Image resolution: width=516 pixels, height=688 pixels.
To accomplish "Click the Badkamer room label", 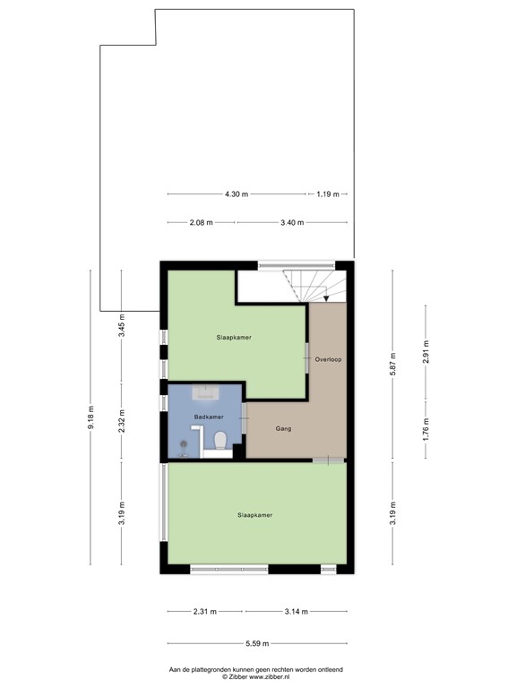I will click(x=207, y=417).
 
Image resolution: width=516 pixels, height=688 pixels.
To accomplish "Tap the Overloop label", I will click(x=329, y=359).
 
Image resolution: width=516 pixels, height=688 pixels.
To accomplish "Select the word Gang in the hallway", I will click(x=283, y=429).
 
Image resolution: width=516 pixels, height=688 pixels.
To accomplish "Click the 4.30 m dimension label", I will click(x=236, y=193).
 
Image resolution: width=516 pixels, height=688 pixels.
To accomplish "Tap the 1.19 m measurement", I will click(x=327, y=193).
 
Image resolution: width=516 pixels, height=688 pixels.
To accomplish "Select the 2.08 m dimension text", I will click(x=202, y=223).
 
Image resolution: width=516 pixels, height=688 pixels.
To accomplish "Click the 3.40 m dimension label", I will click(x=292, y=223).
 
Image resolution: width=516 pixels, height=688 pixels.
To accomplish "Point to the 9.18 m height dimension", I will click(x=90, y=418).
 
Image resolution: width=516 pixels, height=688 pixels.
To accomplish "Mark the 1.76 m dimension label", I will click(x=426, y=429).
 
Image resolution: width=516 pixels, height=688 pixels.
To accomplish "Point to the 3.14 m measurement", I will click(x=295, y=612).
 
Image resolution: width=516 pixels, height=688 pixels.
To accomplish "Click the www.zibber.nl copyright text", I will click(x=257, y=677).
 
